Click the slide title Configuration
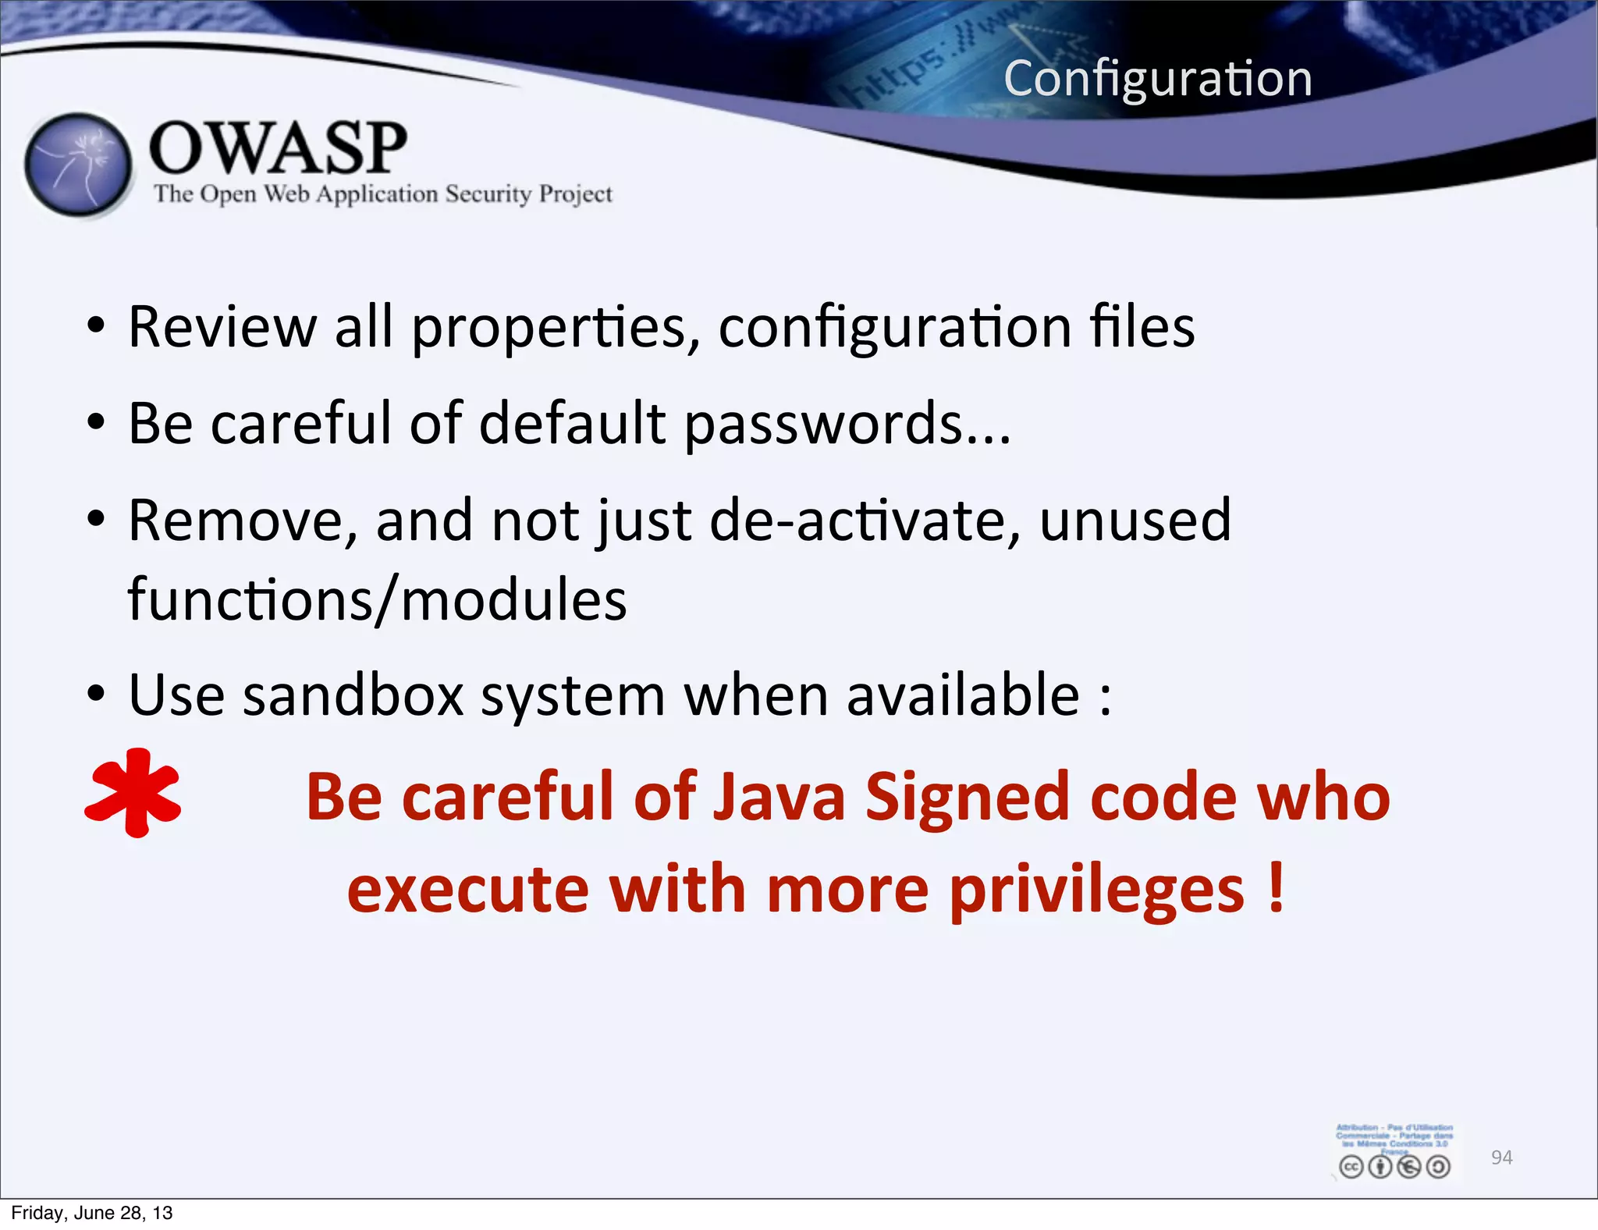(1158, 80)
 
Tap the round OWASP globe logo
(78, 165)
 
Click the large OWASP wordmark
(278, 148)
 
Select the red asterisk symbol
(133, 793)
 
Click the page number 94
(1501, 1157)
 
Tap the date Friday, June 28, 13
(91, 1213)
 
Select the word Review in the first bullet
(222, 327)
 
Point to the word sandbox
(353, 695)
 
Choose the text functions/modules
(377, 600)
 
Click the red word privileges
(1096, 891)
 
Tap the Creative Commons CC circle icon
(1351, 1167)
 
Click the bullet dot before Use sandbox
(95, 694)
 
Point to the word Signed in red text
(968, 798)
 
